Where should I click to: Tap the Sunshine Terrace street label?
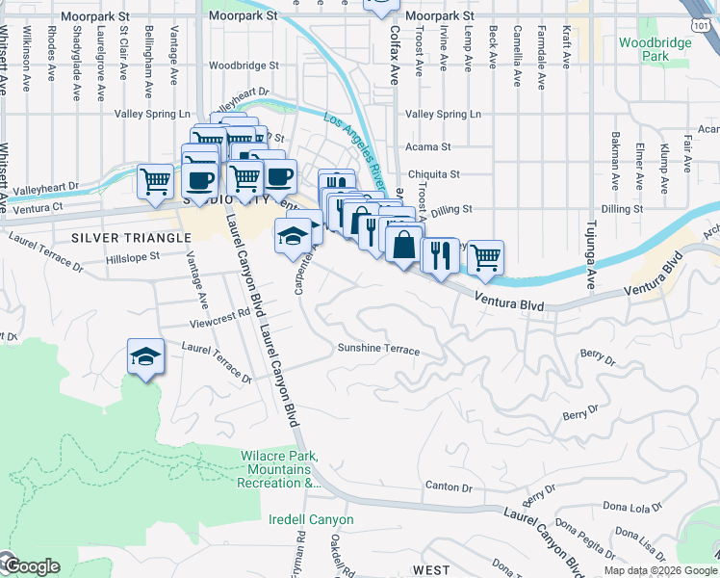tap(377, 349)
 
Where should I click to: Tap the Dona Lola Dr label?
tap(631, 507)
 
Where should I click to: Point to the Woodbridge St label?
tap(244, 66)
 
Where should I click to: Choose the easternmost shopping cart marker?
tap(486, 257)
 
